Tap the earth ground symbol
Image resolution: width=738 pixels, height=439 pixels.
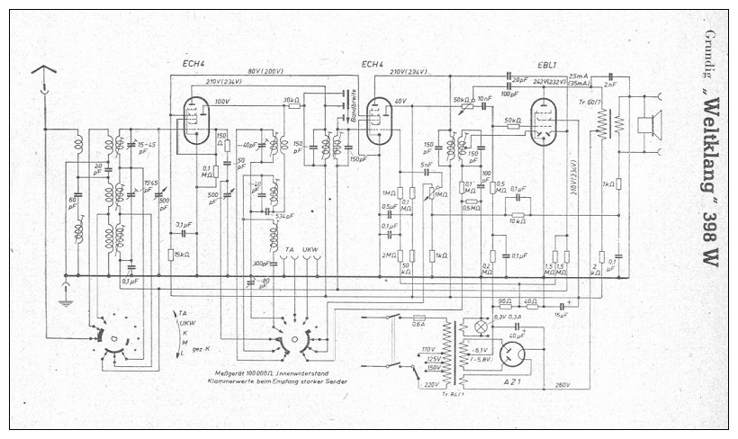[x=65, y=297]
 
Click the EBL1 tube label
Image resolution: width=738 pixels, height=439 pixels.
[x=547, y=65]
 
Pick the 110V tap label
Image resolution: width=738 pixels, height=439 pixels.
[x=428, y=349]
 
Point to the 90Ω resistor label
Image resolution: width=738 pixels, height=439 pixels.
[x=504, y=301]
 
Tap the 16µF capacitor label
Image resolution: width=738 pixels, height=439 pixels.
[x=562, y=315]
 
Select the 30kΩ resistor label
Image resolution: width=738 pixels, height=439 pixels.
[x=290, y=100]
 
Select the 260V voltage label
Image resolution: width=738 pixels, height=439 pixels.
[x=564, y=385]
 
